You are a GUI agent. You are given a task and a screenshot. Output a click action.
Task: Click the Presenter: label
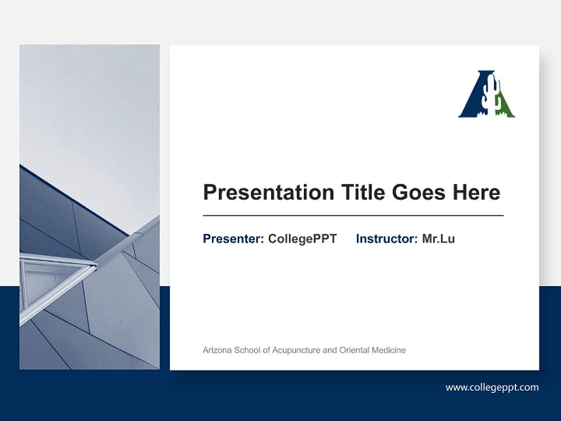pos(233,239)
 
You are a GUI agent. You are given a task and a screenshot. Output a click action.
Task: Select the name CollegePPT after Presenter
pos(302,239)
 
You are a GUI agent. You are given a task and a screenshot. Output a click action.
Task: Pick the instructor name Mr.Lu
pos(438,239)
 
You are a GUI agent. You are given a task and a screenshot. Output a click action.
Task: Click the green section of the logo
pos(506,109)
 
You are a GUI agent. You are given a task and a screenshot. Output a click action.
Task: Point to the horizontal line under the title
pos(353,216)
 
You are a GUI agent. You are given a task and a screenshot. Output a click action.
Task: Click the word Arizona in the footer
pos(217,350)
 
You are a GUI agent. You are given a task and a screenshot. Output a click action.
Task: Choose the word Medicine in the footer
pos(389,350)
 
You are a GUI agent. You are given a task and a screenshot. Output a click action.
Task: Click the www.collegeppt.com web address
pos(492,387)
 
